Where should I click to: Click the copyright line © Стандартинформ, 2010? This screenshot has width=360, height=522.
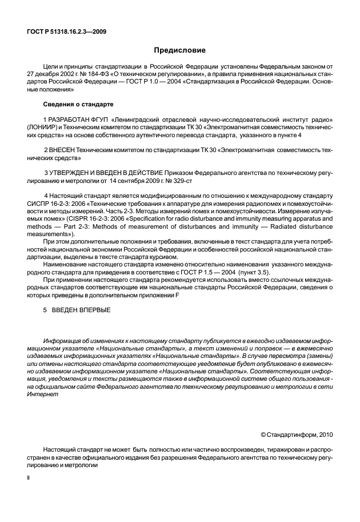tap(296, 434)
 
